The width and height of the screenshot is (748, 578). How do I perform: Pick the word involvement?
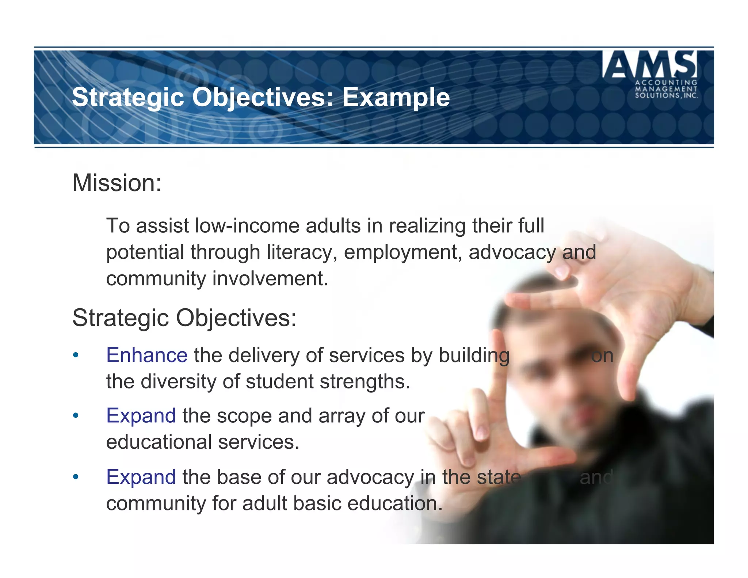point(270,278)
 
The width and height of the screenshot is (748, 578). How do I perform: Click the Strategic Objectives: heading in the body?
point(184,318)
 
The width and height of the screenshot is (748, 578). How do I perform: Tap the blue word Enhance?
point(147,355)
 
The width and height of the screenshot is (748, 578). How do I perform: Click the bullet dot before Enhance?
point(76,355)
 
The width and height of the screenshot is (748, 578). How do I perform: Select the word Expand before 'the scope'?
point(141,416)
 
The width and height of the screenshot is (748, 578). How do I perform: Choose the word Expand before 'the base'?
point(141,477)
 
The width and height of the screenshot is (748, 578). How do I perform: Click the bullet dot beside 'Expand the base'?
point(76,477)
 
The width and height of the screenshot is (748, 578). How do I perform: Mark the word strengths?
point(365,382)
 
